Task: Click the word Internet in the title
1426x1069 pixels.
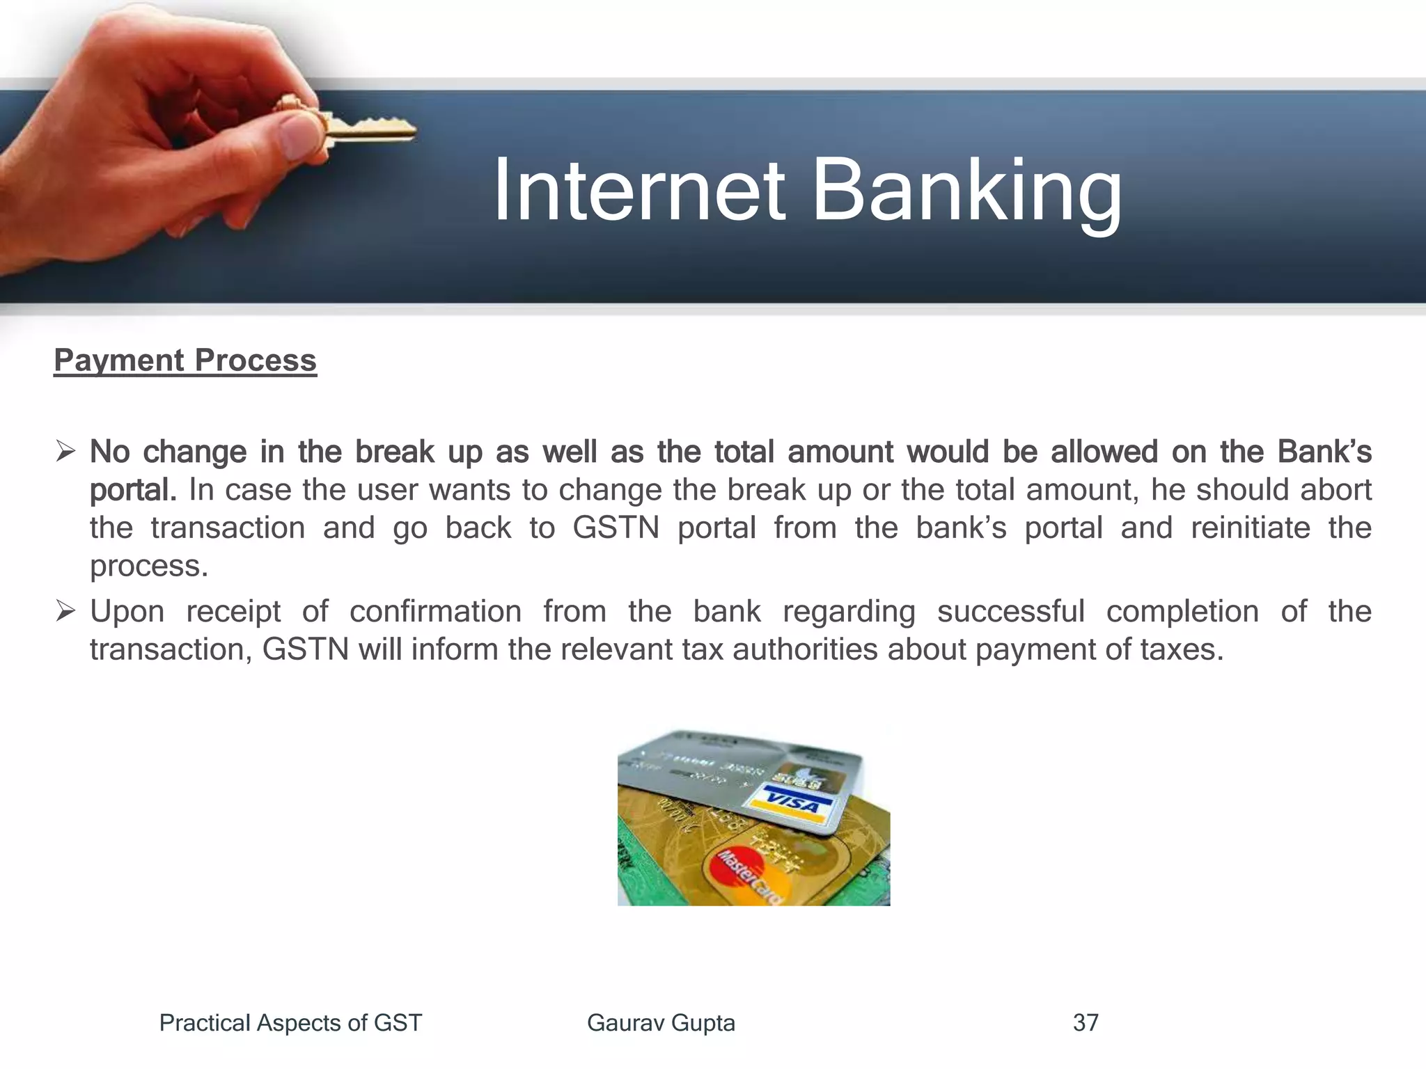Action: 639,191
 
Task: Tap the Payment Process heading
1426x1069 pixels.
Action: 185,361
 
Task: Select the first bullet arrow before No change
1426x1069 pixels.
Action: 65,452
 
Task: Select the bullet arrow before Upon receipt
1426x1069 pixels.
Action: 65,612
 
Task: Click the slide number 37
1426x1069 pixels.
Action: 1086,1023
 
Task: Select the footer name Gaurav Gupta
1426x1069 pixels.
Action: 661,1023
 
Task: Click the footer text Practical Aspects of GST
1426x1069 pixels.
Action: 290,1023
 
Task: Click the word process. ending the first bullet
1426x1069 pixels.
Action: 149,566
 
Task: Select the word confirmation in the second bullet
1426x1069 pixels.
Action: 435,612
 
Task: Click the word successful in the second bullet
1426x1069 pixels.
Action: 1010,612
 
